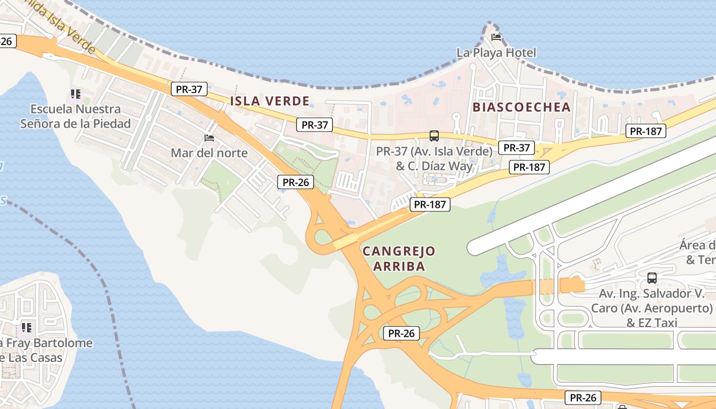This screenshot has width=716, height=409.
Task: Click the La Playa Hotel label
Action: [x=496, y=53]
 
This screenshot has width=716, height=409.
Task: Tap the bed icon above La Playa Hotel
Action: [x=496, y=37]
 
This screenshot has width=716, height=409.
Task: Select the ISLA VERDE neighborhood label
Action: [x=270, y=101]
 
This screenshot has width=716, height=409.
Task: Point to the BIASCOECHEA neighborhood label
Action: [x=521, y=107]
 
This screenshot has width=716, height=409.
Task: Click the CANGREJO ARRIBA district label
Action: [x=399, y=259]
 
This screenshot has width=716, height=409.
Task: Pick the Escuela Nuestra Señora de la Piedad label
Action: [x=75, y=117]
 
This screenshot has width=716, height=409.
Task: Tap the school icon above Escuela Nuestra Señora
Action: [x=76, y=94]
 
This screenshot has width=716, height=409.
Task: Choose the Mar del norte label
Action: [x=209, y=153]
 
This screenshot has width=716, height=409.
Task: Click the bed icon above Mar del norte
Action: [x=209, y=138]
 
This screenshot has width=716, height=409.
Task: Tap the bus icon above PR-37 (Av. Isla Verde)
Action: [x=434, y=136]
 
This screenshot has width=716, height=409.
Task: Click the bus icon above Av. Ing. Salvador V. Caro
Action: [x=652, y=278]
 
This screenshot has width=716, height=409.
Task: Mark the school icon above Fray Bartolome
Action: [x=26, y=327]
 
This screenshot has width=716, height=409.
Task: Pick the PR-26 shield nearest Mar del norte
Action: [x=295, y=182]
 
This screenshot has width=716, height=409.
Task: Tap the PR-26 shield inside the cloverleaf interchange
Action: [x=401, y=333]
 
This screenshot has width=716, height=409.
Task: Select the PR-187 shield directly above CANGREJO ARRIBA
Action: [x=430, y=205]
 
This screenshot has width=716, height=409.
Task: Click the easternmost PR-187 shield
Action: [x=645, y=131]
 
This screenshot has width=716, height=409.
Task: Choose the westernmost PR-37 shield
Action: [x=189, y=89]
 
